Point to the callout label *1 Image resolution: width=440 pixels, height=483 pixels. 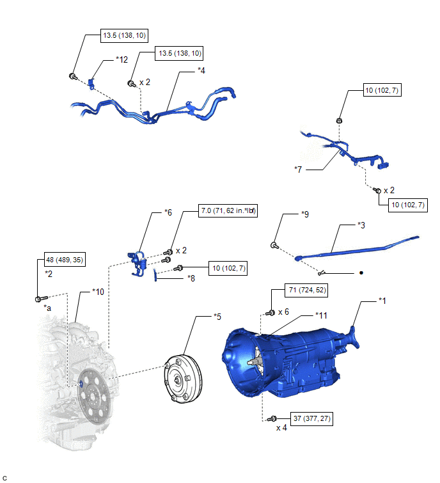pyautogui.click(x=382, y=299)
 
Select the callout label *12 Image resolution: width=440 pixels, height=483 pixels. pyautogui.click(x=122, y=59)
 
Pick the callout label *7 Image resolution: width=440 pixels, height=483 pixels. pyautogui.click(x=298, y=169)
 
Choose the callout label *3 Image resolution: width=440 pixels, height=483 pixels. pyautogui.click(x=361, y=225)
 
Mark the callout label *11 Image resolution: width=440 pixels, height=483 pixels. pyautogui.click(x=322, y=315)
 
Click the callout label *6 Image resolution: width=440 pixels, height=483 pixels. pyautogui.click(x=168, y=212)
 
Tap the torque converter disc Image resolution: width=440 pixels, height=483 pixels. pyautogui.click(x=182, y=381)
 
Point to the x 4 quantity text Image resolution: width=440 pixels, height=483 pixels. pyautogui.click(x=282, y=428)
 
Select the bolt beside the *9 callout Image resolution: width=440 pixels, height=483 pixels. pyautogui.click(x=274, y=245)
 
